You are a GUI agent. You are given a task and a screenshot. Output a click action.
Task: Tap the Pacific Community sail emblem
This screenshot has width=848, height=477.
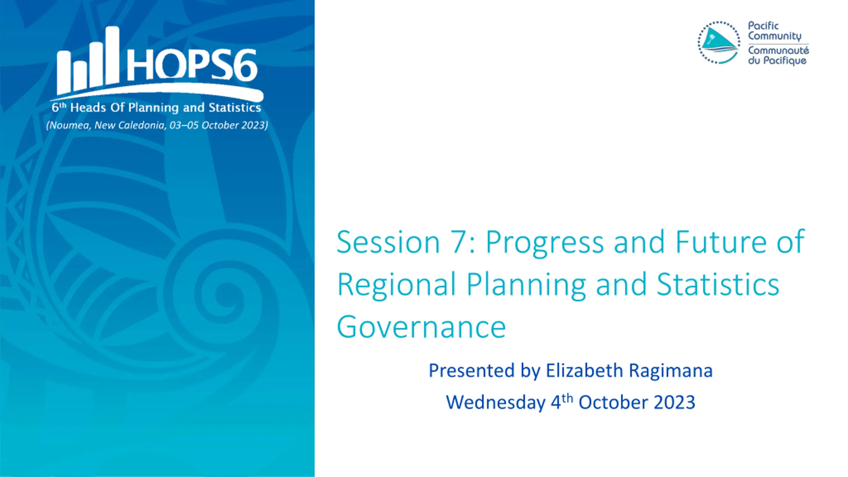pyautogui.click(x=719, y=42)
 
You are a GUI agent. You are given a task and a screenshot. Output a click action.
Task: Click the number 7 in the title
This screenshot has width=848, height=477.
pyautogui.click(x=460, y=241)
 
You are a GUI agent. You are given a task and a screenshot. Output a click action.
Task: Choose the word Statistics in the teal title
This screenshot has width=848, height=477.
pyautogui.click(x=718, y=284)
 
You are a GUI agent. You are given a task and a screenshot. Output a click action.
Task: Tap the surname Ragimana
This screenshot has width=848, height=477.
pyautogui.click(x=671, y=371)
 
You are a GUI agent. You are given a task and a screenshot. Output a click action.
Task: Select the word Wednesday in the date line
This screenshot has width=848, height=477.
pyautogui.click(x=496, y=403)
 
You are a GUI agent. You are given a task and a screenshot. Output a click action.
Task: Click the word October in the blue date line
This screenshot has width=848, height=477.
pyautogui.click(x=613, y=402)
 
